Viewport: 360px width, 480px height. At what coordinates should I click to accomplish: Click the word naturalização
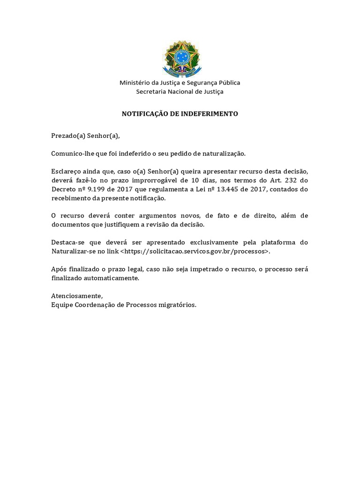click(223, 153)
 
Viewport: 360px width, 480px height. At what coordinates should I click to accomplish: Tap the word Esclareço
click(66, 171)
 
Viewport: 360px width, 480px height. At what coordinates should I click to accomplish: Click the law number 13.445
click(231, 189)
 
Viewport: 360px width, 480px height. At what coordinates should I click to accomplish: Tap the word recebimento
click(70, 198)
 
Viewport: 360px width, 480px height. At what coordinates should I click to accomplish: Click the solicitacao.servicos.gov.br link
click(195, 251)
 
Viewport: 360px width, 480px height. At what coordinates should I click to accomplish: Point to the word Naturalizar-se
click(74, 251)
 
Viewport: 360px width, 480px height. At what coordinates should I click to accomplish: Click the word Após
click(58, 269)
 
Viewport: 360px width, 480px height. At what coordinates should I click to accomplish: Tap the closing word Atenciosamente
click(76, 296)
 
